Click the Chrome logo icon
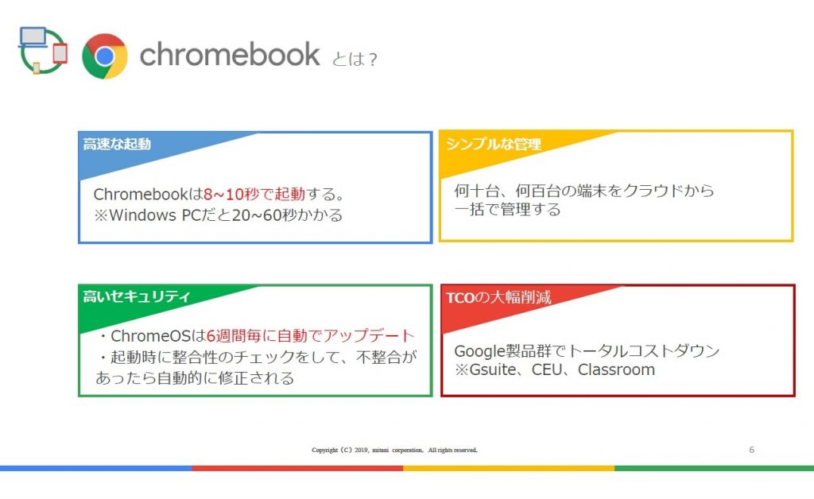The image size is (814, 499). click(x=105, y=56)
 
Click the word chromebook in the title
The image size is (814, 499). click(x=230, y=55)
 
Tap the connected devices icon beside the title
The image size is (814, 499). click(x=43, y=50)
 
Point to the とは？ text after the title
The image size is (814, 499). click(x=355, y=59)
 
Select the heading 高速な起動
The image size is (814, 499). click(x=117, y=144)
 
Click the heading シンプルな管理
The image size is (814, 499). click(x=493, y=144)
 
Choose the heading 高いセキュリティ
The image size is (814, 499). click(x=136, y=296)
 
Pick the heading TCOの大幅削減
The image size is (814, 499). click(x=498, y=297)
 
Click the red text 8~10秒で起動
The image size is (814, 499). click(x=254, y=194)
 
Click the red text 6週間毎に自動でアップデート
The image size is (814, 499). click(x=311, y=335)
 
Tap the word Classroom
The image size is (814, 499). click(x=616, y=369)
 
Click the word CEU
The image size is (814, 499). click(x=547, y=369)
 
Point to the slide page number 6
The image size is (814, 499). click(x=751, y=450)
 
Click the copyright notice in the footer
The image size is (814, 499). click(x=394, y=450)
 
